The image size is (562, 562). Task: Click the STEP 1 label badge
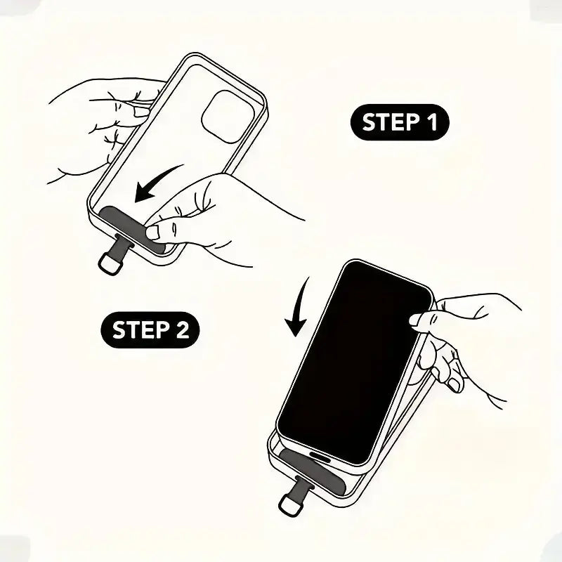tap(400, 122)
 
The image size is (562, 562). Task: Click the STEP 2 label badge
tap(150, 329)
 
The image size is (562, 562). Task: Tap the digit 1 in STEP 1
tap(432, 122)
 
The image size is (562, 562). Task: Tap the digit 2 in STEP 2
tap(183, 330)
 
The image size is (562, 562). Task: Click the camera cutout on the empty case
tap(228, 117)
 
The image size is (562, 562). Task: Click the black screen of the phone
tap(354, 362)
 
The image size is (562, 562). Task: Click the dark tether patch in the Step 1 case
tap(133, 230)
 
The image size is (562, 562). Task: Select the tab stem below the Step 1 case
tap(122, 244)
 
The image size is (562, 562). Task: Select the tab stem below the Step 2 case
tap(302, 486)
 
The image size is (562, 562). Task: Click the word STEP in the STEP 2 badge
tap(141, 330)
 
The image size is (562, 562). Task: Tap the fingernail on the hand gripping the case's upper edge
tap(142, 112)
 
